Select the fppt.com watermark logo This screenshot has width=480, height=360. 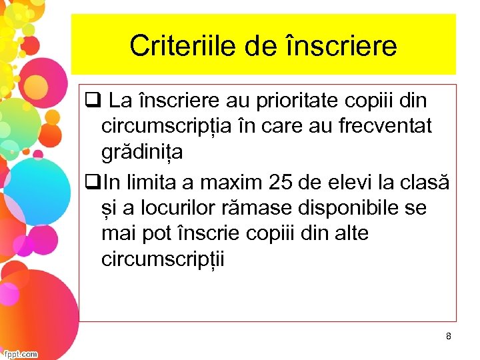pos(20,354)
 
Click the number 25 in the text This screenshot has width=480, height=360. pos(284,181)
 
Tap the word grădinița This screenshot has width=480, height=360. pos(142,153)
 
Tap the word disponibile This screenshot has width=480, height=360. pos(356,208)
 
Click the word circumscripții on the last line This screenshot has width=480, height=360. pos(163,259)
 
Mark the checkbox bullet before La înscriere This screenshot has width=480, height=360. pos(91,101)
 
